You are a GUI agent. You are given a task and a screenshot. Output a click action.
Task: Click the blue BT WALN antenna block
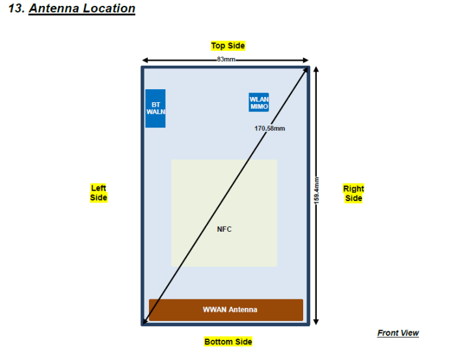click(x=155, y=108)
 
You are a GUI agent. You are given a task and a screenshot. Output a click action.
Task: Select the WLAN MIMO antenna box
click(x=258, y=102)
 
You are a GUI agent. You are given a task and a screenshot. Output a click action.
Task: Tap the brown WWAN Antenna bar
click(x=226, y=310)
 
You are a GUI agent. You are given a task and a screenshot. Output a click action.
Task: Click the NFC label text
click(x=224, y=229)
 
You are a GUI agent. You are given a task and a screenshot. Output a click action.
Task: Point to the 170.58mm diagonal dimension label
click(x=269, y=128)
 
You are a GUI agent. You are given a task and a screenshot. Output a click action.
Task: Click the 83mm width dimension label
click(x=226, y=59)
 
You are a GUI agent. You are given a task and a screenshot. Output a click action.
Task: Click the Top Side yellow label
click(x=228, y=46)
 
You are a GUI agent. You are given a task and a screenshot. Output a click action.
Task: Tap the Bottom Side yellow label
click(x=228, y=342)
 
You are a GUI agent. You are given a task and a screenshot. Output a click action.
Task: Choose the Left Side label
click(x=98, y=193)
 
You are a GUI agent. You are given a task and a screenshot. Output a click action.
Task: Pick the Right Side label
click(x=353, y=193)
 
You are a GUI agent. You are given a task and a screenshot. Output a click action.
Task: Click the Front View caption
click(x=397, y=333)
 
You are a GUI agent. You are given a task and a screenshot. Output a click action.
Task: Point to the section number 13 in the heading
click(x=16, y=9)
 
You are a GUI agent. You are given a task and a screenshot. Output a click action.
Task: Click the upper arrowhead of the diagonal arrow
click(x=305, y=70)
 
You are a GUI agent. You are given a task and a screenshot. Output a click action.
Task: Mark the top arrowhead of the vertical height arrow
click(x=316, y=68)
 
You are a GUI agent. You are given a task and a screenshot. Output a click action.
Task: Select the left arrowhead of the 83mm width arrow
click(x=145, y=59)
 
